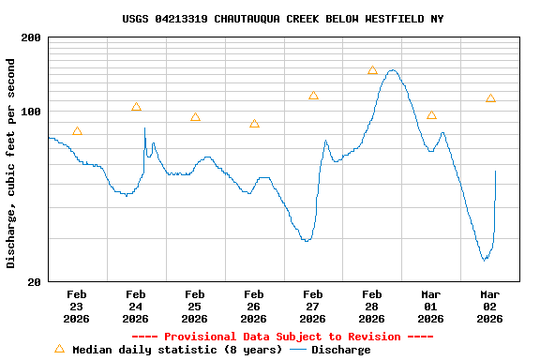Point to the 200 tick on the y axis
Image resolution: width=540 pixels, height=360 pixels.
tap(31, 37)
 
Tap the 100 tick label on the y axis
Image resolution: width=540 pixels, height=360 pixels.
tap(31, 112)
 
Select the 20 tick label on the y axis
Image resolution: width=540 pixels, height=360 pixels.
tap(35, 281)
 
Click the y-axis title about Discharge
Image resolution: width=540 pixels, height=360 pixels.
tap(11, 163)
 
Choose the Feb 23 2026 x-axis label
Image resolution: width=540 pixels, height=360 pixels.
tap(77, 306)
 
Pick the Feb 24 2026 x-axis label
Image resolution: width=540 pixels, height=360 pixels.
tap(136, 306)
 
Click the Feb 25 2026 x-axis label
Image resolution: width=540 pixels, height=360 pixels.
tap(195, 306)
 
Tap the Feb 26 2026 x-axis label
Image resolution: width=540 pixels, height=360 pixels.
tap(254, 306)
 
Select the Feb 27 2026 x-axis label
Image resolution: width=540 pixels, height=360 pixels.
tap(313, 306)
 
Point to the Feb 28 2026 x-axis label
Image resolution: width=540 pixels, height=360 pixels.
tap(372, 306)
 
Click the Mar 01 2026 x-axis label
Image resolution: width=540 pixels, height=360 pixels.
tap(431, 306)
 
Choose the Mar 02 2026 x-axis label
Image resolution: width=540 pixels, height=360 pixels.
tap(490, 306)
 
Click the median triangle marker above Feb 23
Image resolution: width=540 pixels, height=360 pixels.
tap(77, 131)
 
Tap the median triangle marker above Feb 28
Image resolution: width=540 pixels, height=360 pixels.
tap(372, 70)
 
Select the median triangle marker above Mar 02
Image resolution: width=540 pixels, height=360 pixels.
tap(490, 98)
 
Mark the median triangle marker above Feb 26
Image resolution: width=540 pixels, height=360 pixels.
tap(254, 124)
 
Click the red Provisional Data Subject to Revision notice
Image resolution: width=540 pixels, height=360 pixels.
tap(282, 337)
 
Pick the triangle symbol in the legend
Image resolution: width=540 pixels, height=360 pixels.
tap(60, 349)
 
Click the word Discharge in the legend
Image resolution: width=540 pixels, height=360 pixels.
tap(340, 350)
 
